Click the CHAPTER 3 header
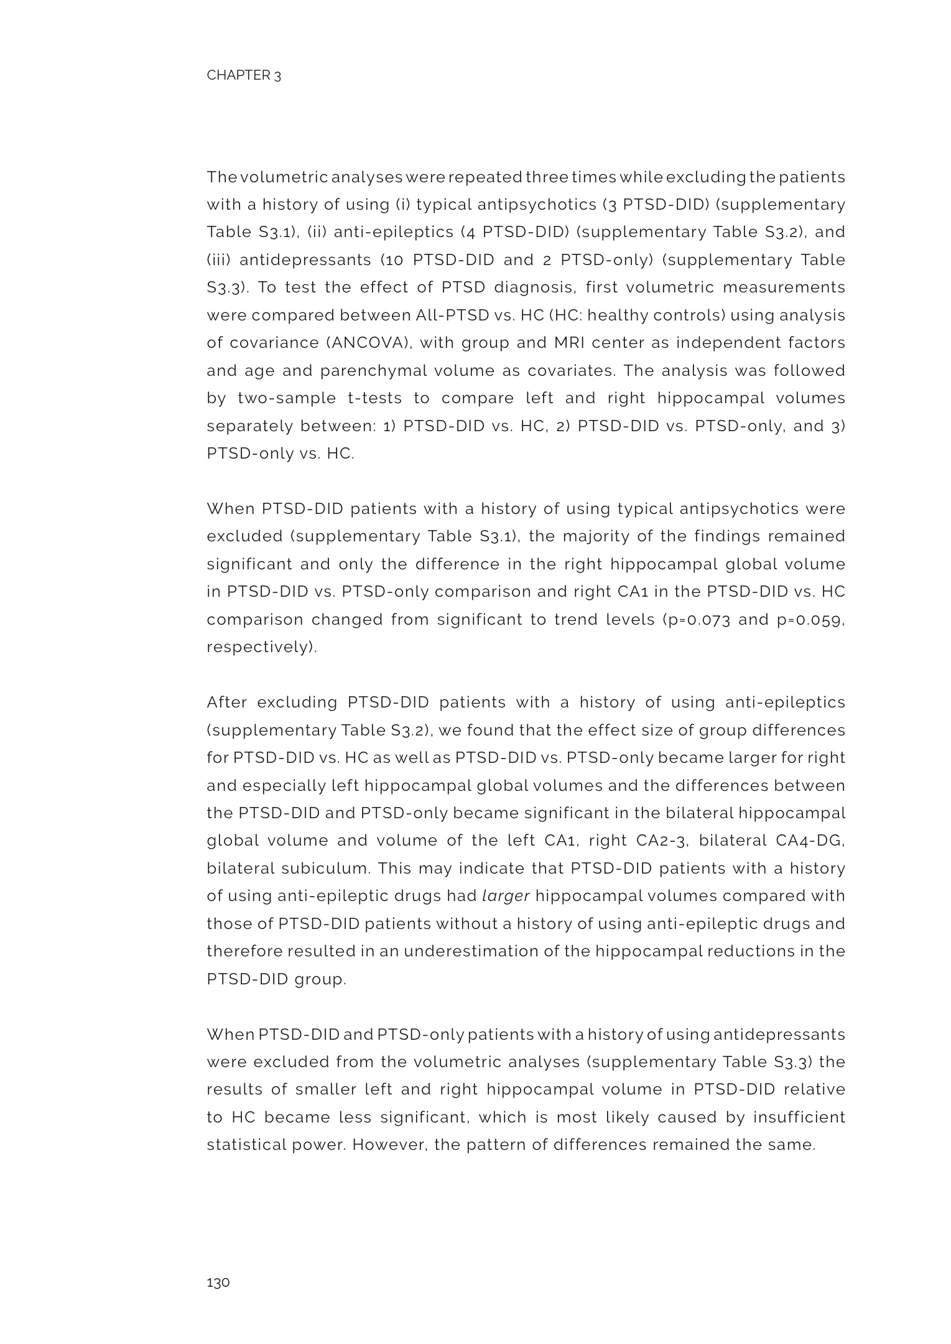244,75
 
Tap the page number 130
218,1282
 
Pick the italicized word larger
506,896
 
